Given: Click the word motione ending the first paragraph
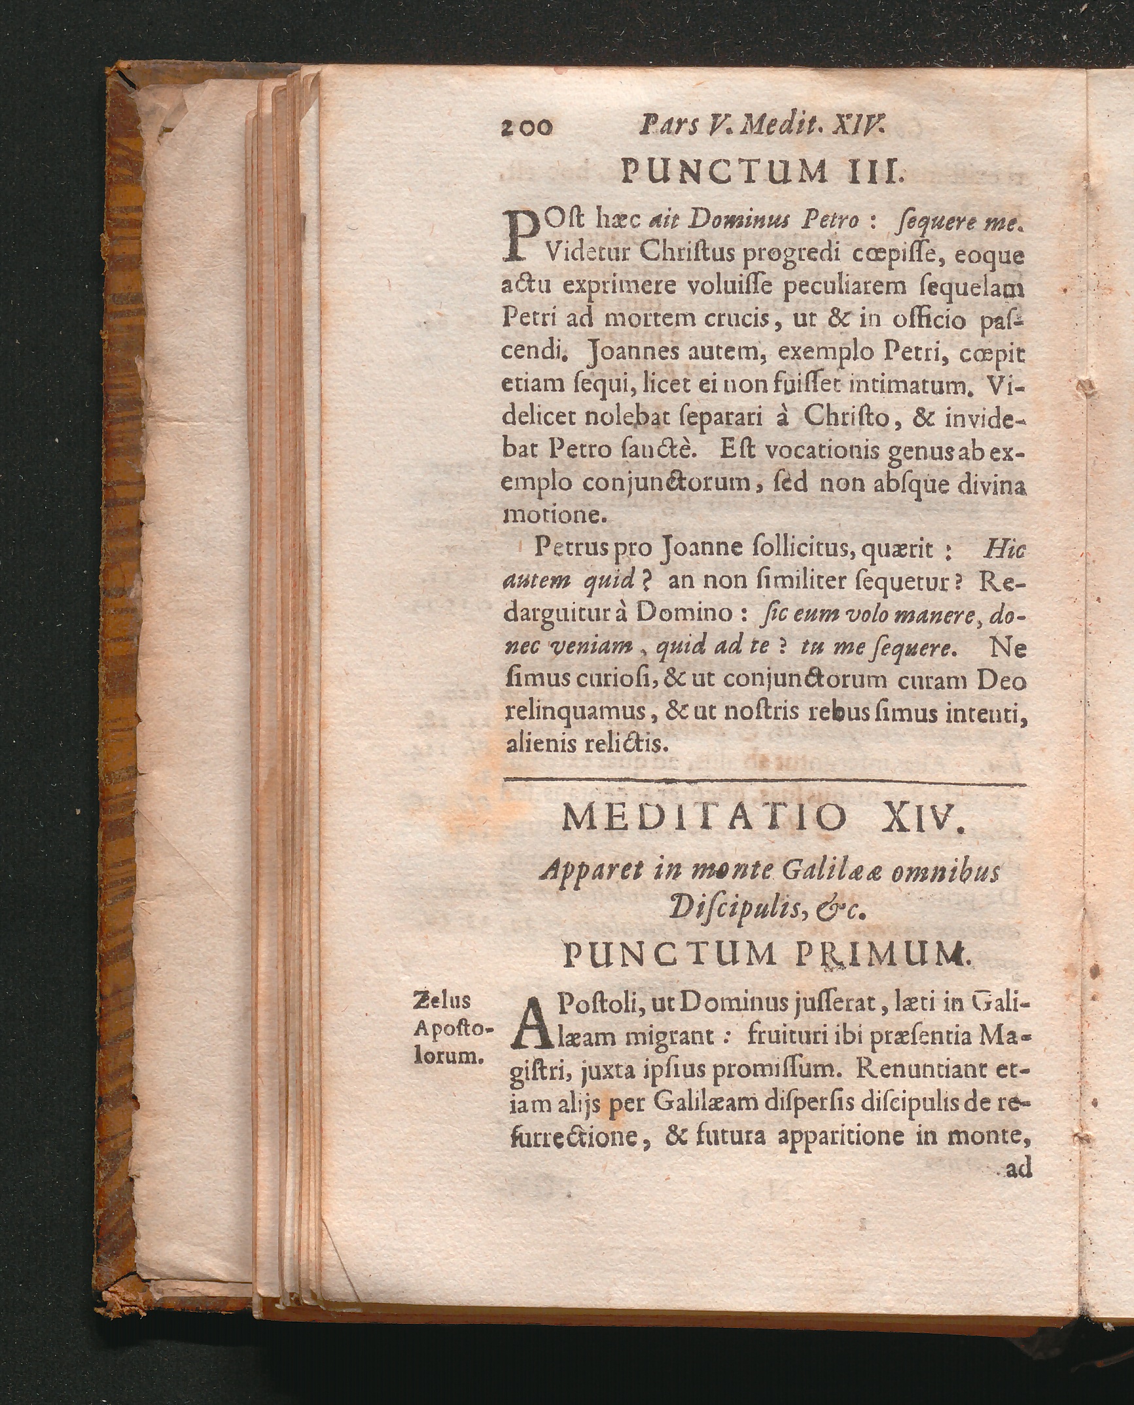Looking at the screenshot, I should [557, 515].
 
